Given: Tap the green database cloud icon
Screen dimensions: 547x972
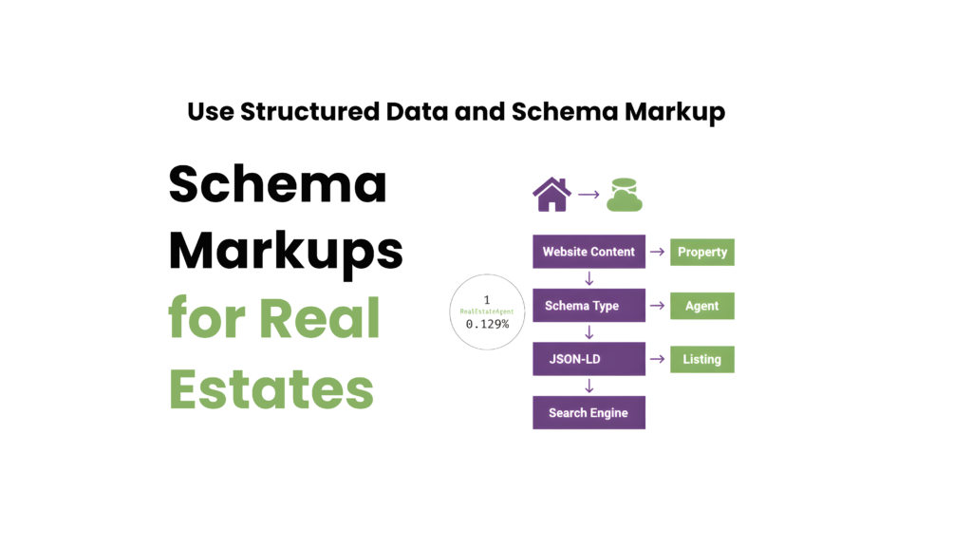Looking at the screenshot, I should pos(625,194).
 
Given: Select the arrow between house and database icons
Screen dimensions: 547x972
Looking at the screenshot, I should pos(589,195).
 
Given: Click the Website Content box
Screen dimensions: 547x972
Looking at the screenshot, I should pos(589,252).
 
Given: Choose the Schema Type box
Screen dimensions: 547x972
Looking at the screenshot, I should pos(589,306).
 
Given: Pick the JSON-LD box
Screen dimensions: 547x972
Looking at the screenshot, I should pos(589,359).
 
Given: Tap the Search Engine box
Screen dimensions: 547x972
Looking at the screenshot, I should pos(589,413).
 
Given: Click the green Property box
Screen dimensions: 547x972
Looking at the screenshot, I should pos(702,252).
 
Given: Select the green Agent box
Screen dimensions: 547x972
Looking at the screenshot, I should pos(702,306).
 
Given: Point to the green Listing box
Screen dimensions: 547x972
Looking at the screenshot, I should pos(702,359).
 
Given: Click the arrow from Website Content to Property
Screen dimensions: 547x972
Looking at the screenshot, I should pos(657,252).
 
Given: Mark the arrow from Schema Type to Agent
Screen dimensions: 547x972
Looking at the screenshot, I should pos(657,306).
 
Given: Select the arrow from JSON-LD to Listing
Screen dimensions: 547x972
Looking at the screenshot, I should pos(657,359).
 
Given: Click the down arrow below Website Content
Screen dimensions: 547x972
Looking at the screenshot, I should pos(589,278).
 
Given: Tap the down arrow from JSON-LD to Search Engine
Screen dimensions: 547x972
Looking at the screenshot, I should pos(589,386).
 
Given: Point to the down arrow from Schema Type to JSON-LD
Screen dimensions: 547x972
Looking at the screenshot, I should pos(589,332).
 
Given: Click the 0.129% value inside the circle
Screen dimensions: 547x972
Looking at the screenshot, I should pos(487,324).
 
